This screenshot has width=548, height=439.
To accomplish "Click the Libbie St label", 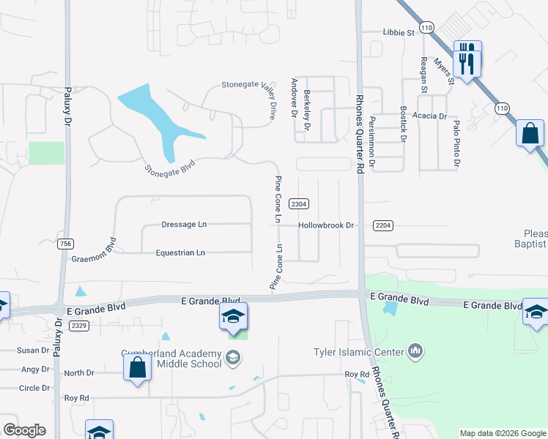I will pyautogui.click(x=399, y=33).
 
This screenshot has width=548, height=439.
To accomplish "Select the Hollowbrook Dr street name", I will pyautogui.click(x=326, y=225).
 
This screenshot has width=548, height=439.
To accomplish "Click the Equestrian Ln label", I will pyautogui.click(x=180, y=252).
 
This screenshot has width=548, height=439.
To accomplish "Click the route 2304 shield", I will pyautogui.click(x=298, y=204).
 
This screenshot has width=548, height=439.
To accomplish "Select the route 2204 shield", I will pyautogui.click(x=382, y=225).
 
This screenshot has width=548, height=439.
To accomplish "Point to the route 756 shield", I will pyautogui.click(x=65, y=243).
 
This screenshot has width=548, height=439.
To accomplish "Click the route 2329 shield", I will pyautogui.click(x=80, y=325).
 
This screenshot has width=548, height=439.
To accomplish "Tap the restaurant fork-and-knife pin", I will pyautogui.click(x=467, y=58).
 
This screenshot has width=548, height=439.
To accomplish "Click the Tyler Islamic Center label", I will pyautogui.click(x=359, y=353).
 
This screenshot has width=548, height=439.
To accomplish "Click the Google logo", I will pyautogui.click(x=23, y=430).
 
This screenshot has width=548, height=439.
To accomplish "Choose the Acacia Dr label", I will pyautogui.click(x=429, y=116).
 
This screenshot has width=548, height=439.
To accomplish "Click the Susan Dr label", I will pyautogui.click(x=34, y=350).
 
